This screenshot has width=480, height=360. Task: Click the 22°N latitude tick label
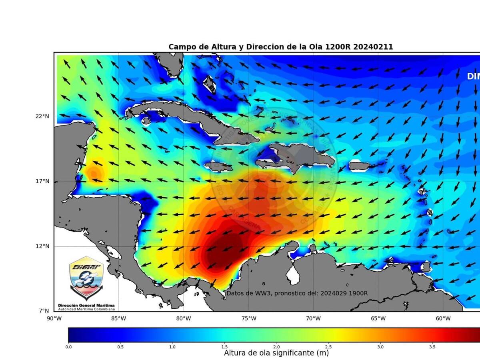[42, 116]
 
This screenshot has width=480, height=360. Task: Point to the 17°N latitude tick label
[42, 181]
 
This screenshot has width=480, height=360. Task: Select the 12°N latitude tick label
[42, 246]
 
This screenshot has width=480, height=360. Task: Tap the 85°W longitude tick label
[119, 319]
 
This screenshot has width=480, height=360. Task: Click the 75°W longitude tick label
[248, 319]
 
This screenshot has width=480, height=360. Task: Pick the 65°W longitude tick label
[378, 319]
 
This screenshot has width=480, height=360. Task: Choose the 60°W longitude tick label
[443, 319]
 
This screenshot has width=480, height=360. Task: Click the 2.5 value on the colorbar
[328, 347]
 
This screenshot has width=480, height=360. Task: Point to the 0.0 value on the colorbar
[68, 347]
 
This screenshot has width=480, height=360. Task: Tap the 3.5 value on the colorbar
[432, 347]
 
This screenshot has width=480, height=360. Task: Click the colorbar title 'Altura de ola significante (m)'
[276, 353]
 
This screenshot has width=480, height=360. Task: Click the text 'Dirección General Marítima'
[86, 305]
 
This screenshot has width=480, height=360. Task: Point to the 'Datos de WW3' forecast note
[297, 293]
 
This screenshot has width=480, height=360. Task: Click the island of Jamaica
[218, 166]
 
